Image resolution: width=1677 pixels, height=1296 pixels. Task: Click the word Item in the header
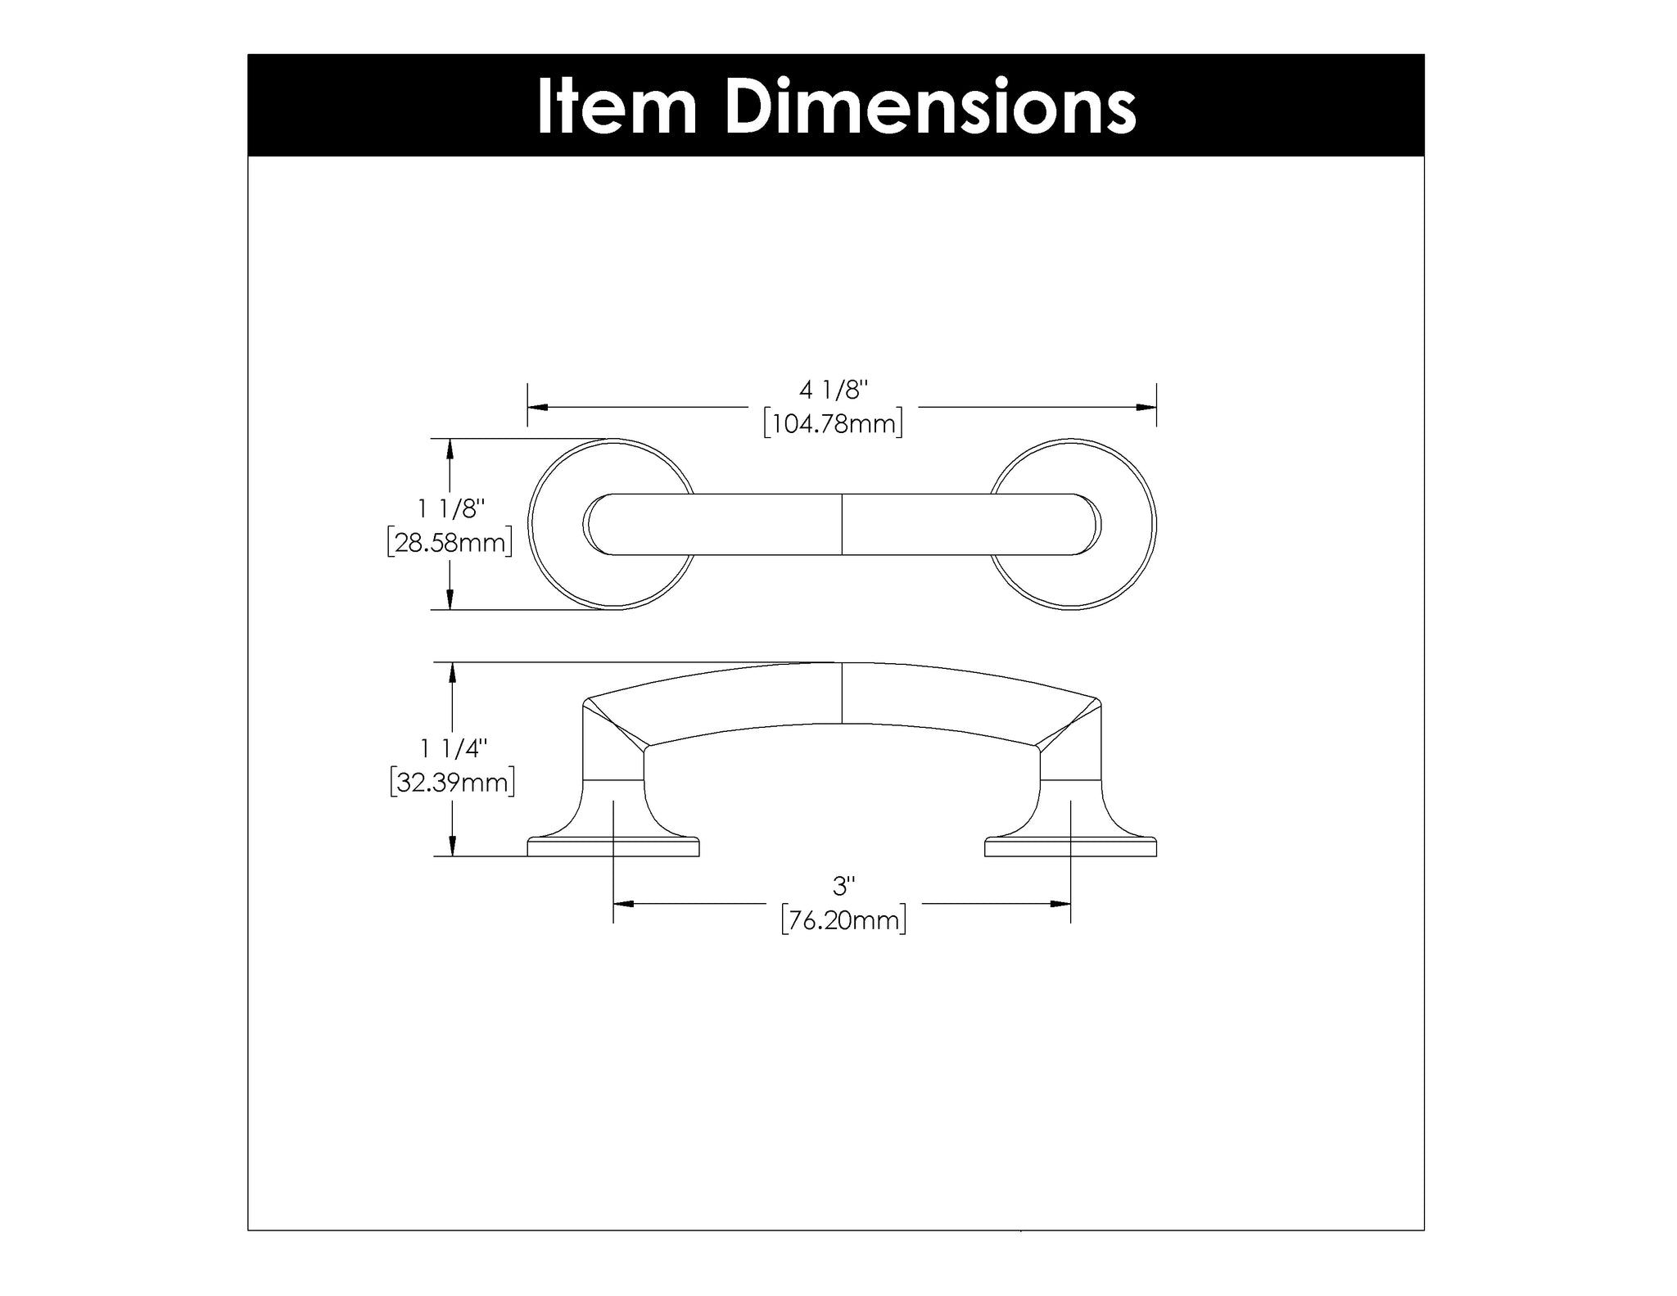coord(617,106)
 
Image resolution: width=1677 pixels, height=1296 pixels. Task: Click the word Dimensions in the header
coord(931,106)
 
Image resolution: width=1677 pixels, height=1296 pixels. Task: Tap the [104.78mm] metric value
coord(833,424)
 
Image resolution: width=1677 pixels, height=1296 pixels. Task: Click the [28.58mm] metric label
coord(450,543)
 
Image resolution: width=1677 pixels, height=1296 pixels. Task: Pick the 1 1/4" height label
coord(453,747)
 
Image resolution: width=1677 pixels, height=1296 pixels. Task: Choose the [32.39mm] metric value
coord(452,783)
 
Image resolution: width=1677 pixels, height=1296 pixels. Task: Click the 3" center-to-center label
coord(843,886)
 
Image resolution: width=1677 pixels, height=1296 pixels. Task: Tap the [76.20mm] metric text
coord(843,920)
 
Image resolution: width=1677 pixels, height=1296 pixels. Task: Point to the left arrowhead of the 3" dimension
coord(624,904)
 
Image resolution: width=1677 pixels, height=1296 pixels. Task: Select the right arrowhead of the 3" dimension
coord(1061,904)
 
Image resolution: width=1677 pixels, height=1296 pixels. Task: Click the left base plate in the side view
coord(613,847)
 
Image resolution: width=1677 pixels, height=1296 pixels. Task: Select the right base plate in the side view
coord(1071,847)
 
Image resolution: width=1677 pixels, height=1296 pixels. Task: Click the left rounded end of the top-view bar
coord(598,525)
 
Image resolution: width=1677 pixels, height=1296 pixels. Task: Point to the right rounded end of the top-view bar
coord(1087,525)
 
